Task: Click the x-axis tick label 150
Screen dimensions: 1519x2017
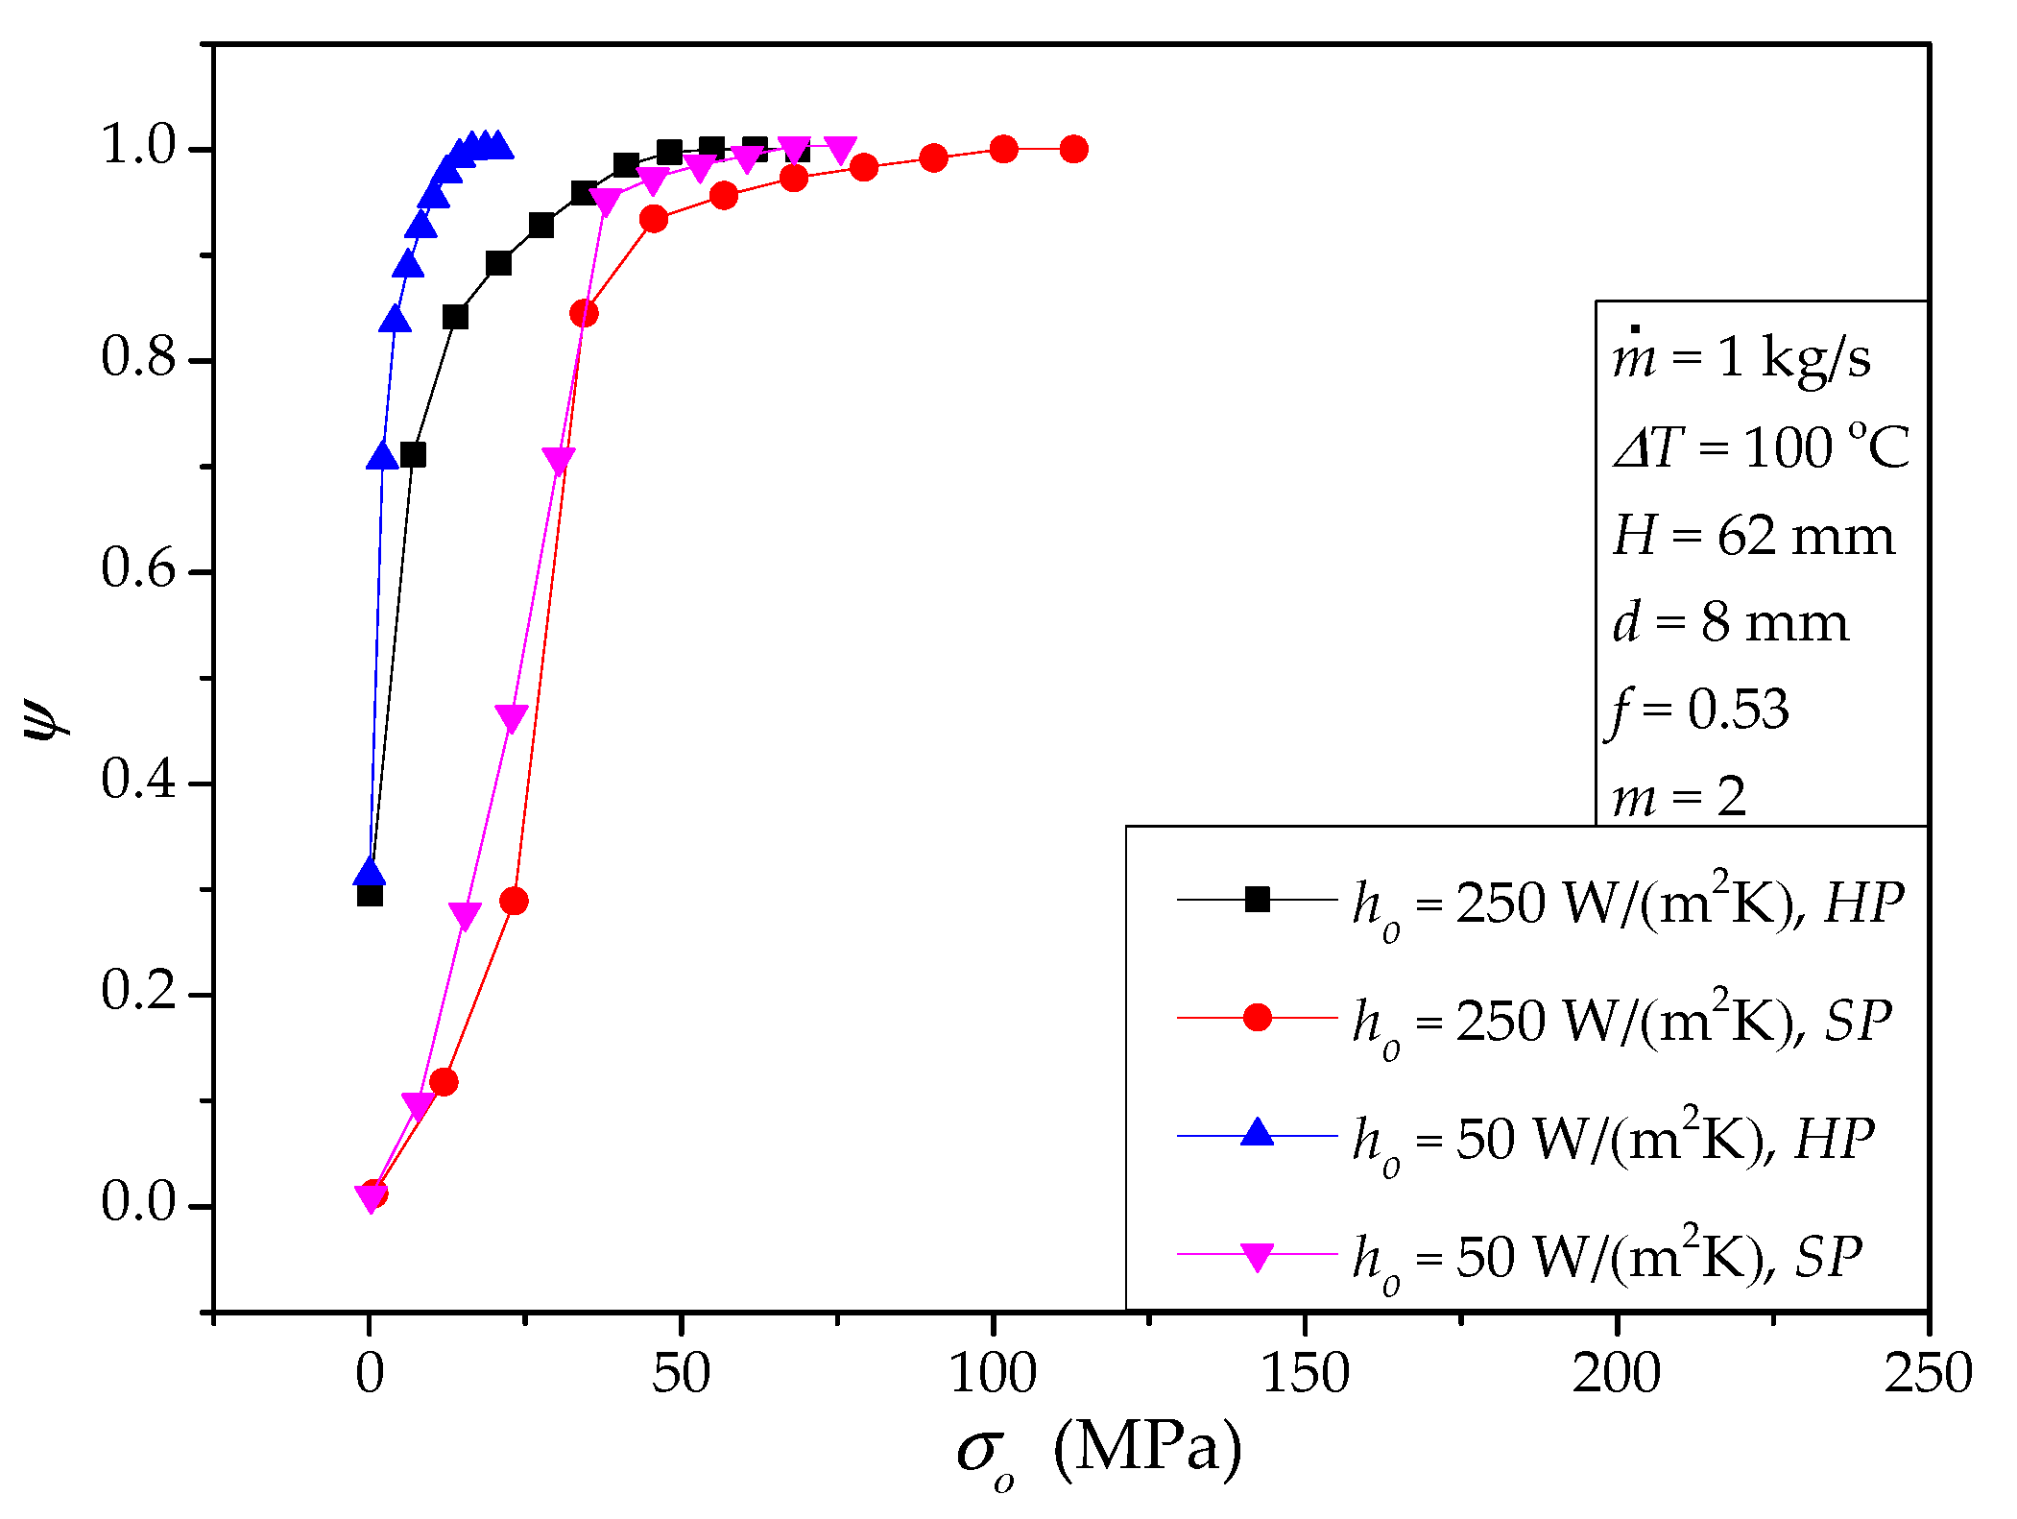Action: point(1304,1373)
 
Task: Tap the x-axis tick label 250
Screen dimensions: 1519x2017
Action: point(1928,1373)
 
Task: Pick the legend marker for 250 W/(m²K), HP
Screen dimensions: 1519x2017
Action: point(1257,900)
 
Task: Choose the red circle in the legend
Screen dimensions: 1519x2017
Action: point(1257,1018)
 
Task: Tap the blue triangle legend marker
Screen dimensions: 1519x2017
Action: point(1257,1134)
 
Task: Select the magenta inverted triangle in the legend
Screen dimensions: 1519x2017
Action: point(1257,1255)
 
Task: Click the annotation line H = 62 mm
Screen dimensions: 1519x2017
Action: point(1753,536)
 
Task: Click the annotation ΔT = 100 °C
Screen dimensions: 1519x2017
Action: point(1761,447)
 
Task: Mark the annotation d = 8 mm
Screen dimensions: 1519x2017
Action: point(1730,623)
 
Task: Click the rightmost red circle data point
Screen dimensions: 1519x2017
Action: point(1073,149)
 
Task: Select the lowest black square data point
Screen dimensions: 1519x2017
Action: point(370,895)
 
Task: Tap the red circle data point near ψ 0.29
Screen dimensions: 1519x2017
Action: point(514,901)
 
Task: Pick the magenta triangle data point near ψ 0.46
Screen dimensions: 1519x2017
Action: point(511,717)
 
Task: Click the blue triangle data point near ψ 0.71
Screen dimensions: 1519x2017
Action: point(382,456)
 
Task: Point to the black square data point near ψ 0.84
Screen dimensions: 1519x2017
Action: point(455,317)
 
